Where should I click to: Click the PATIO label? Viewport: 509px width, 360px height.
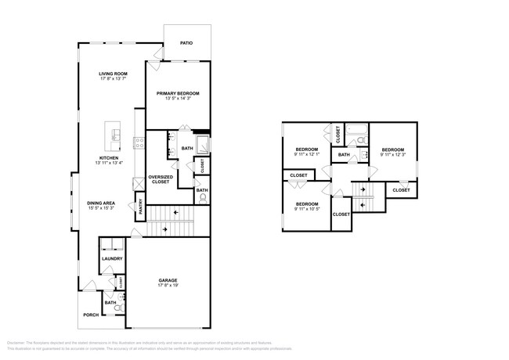(186, 43)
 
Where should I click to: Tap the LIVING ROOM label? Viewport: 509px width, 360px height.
(113, 74)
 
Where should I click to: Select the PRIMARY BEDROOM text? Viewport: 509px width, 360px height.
(177, 93)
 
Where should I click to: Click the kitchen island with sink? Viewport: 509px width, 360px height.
(117, 132)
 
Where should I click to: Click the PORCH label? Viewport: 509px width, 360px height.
(91, 315)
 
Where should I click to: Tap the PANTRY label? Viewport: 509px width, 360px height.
(141, 207)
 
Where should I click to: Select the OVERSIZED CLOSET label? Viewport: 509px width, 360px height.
(160, 180)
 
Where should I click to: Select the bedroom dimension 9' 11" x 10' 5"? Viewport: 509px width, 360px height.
(306, 208)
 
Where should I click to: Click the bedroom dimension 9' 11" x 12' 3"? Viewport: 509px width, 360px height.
(392, 154)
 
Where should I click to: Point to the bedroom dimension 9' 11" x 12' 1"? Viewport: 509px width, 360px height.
(306, 154)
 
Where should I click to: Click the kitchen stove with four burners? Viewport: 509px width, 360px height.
(140, 142)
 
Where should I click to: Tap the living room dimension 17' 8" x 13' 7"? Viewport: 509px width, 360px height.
(113, 79)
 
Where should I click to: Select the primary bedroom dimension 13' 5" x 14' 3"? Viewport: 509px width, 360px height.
(177, 99)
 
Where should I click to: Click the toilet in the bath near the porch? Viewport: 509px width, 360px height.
(117, 309)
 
